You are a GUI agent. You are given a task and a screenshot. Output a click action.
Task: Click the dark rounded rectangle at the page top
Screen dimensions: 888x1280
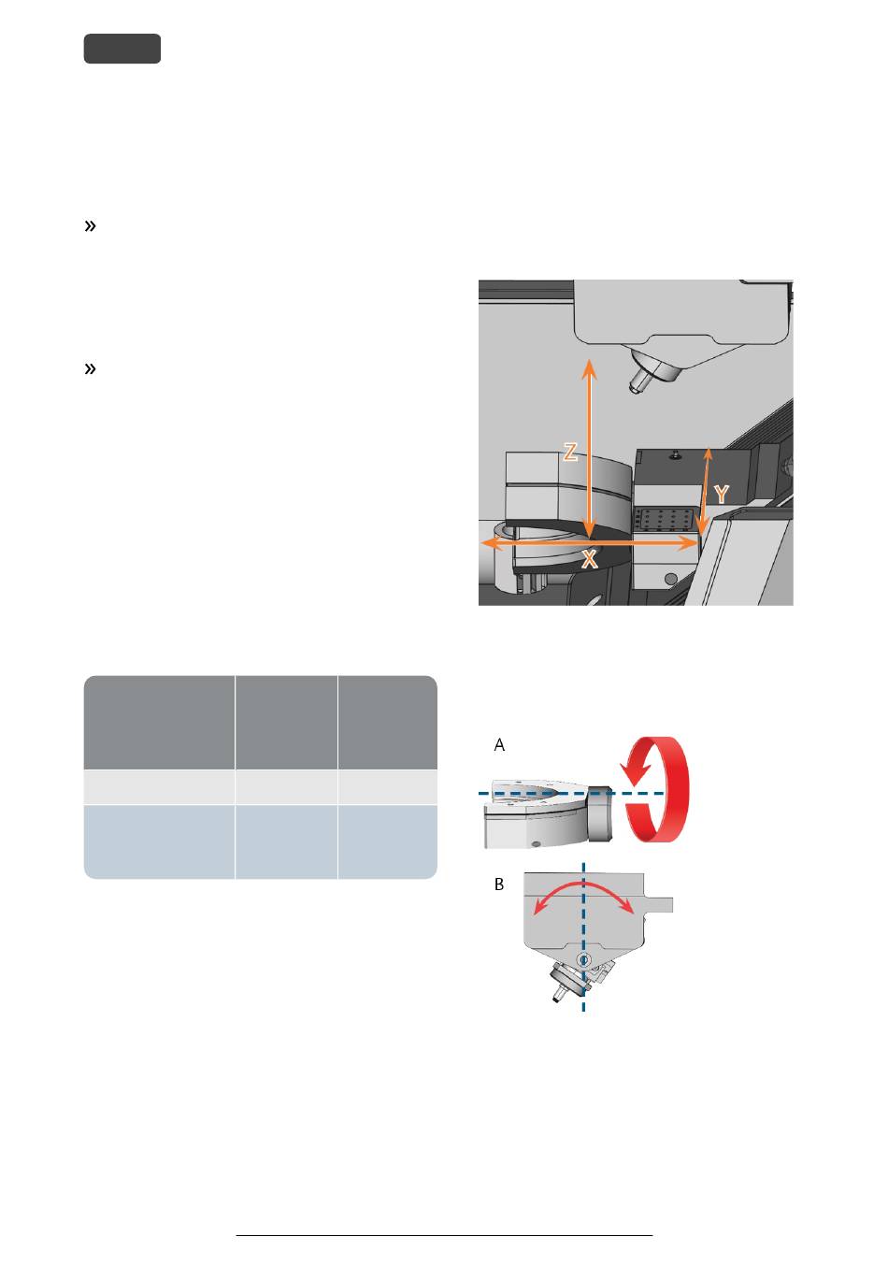point(122,49)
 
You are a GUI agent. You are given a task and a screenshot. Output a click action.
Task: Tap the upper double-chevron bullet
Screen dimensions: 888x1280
point(90,226)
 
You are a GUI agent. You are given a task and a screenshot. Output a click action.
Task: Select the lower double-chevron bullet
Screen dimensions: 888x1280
point(90,369)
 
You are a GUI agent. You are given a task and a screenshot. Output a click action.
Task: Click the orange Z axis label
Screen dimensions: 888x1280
point(569,453)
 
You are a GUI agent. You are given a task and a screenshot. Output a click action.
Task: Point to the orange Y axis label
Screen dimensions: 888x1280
point(722,495)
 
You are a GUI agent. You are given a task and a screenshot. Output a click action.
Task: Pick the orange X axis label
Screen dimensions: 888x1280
point(589,559)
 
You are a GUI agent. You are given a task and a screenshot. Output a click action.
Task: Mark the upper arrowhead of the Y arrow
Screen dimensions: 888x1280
point(708,453)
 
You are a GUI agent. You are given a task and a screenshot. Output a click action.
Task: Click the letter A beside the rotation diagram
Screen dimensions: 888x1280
point(499,745)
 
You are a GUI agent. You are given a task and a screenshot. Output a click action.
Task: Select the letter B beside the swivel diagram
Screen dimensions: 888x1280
point(499,884)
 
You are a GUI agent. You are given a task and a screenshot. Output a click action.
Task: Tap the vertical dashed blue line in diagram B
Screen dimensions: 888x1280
point(583,938)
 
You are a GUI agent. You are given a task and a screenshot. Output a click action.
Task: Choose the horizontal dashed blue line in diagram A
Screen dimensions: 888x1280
point(571,793)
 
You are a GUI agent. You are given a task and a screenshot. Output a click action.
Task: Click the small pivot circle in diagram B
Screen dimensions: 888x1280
point(584,960)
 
